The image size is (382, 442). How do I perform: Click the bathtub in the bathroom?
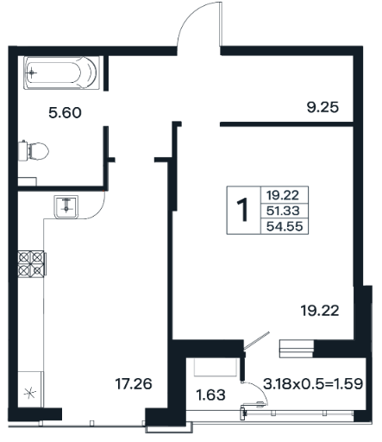click(x=61, y=73)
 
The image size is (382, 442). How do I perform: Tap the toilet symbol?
click(x=33, y=150)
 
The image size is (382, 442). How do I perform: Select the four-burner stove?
click(x=32, y=264)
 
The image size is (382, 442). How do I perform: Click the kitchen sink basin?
click(x=66, y=207)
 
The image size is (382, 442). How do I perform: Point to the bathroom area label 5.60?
click(x=65, y=112)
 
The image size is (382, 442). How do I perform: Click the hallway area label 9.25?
click(x=323, y=107)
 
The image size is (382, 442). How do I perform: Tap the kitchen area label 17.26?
click(x=134, y=384)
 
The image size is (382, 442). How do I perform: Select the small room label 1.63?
click(x=210, y=395)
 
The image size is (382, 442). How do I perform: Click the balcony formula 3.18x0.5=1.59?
click(x=313, y=383)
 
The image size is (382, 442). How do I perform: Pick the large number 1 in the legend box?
click(x=243, y=210)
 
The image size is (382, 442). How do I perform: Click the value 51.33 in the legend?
click(x=283, y=211)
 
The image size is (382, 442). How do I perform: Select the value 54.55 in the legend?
click(x=285, y=226)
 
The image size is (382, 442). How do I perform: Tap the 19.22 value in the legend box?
click(x=283, y=195)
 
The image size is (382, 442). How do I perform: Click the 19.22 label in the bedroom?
click(x=320, y=311)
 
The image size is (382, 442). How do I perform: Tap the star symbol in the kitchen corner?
click(x=30, y=393)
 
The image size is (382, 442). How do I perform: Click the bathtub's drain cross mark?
click(x=31, y=73)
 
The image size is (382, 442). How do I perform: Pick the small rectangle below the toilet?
click(x=28, y=182)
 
